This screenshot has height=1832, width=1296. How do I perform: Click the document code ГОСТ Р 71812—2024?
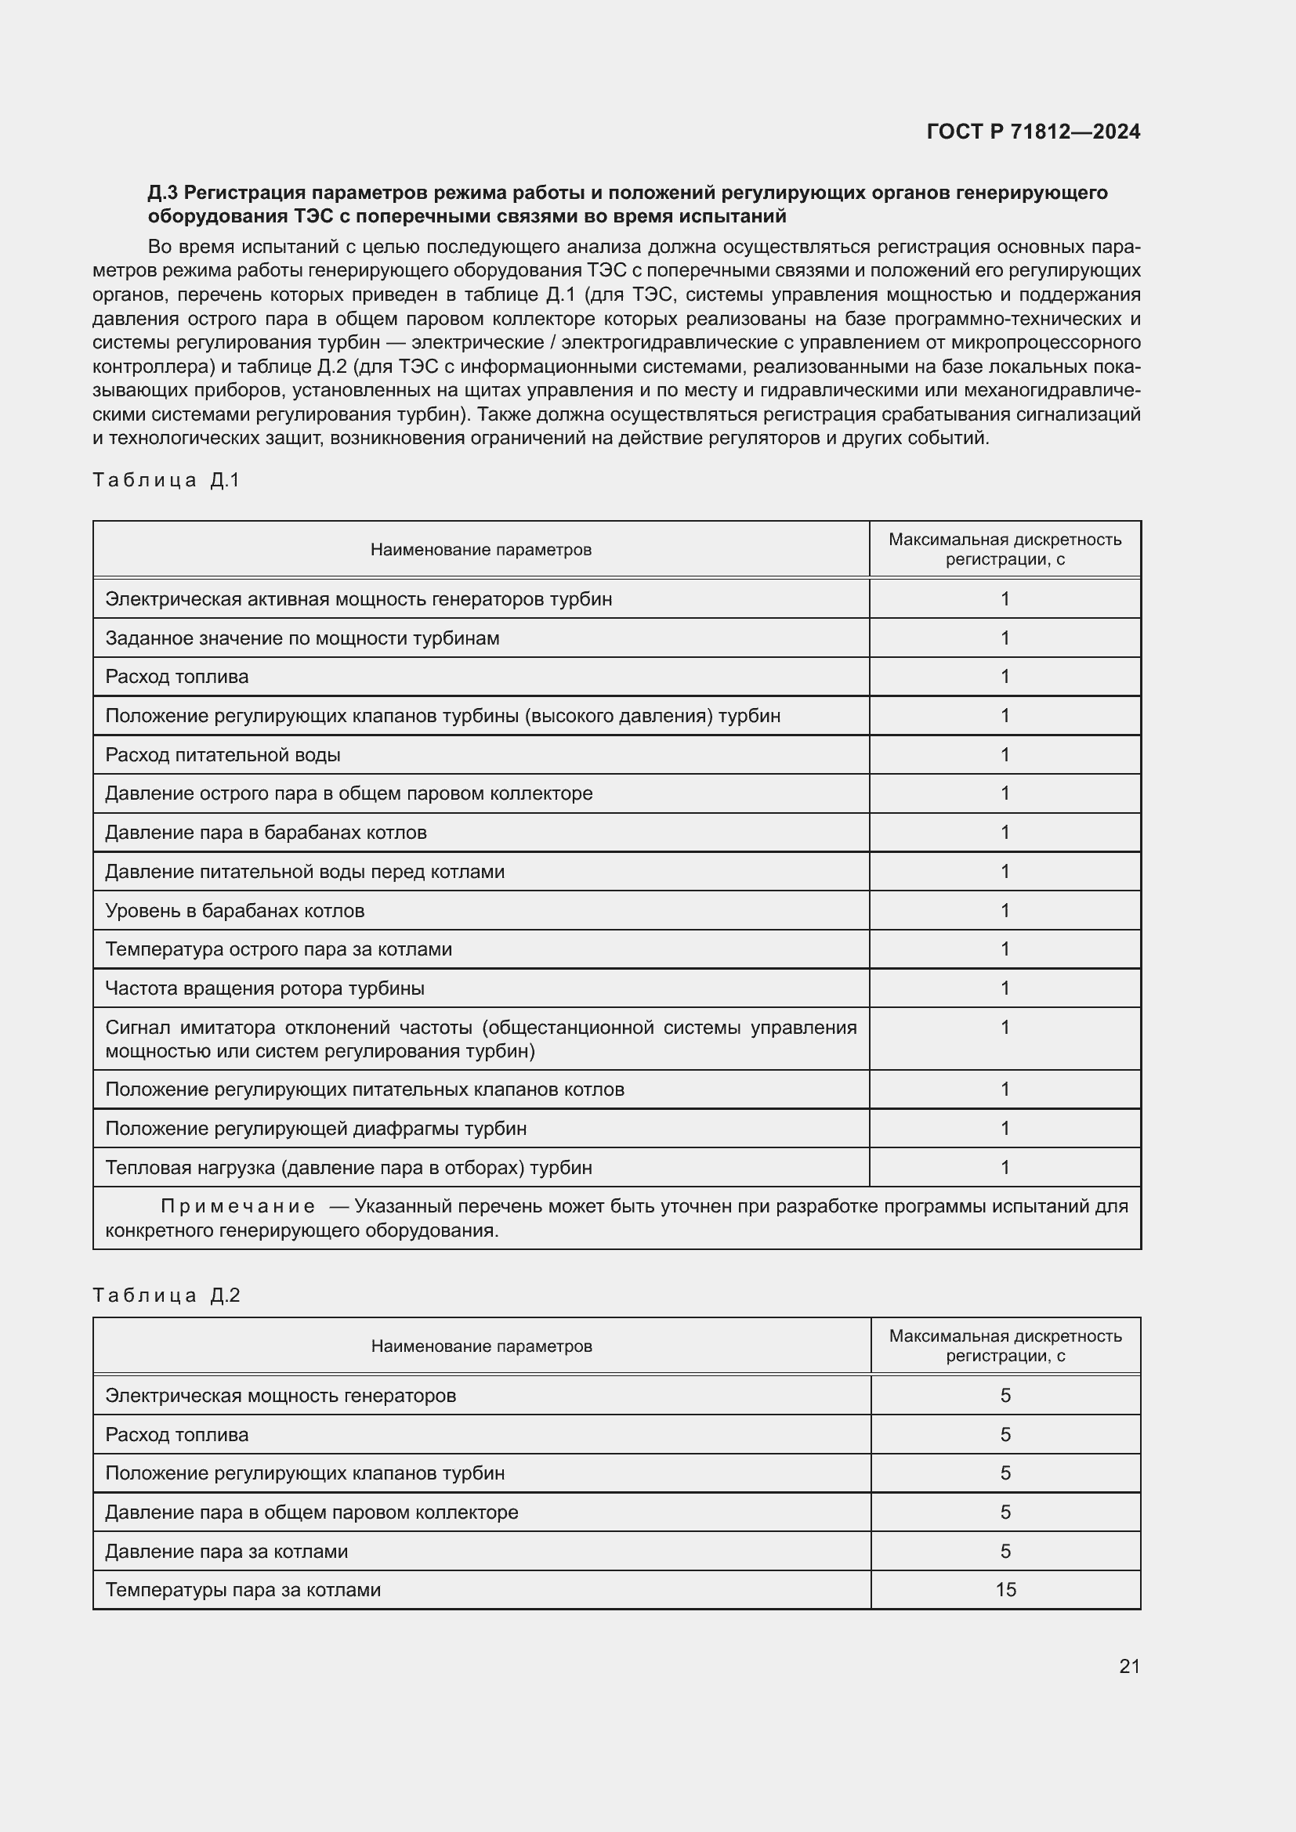[1033, 132]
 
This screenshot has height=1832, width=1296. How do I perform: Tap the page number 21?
[1129, 1666]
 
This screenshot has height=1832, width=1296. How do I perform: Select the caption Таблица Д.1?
[166, 479]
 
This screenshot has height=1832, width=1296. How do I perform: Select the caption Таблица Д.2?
[166, 1295]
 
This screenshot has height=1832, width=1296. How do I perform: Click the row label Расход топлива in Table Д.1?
[177, 677]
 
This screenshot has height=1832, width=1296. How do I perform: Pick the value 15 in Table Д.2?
[1005, 1590]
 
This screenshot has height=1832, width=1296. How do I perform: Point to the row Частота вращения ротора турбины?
[265, 988]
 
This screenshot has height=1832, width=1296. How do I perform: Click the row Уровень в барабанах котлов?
[234, 910]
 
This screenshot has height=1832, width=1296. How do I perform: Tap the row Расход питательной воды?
[223, 755]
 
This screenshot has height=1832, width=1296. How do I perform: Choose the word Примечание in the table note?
[238, 1206]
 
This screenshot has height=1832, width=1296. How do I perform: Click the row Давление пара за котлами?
[226, 1551]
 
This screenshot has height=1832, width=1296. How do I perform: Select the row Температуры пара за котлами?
[243, 1590]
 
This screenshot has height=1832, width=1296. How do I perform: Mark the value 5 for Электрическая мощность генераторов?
[1005, 1396]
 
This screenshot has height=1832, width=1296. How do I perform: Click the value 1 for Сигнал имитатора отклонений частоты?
[1005, 1028]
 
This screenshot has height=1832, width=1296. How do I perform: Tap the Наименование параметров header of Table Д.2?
[481, 1347]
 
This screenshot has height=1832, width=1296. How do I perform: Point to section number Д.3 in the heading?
[163, 193]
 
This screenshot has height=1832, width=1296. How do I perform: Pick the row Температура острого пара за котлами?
[278, 949]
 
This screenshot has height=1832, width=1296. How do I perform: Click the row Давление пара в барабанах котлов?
[266, 833]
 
